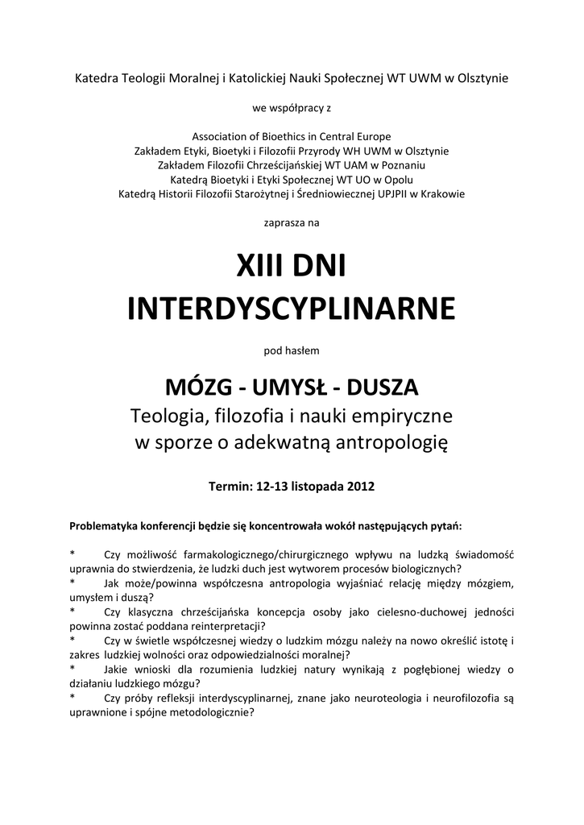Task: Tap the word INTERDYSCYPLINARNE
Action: [292, 308]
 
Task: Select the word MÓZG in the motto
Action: [199, 388]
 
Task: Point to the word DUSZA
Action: [383, 388]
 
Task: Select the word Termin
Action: [230, 487]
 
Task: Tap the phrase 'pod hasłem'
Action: [292, 350]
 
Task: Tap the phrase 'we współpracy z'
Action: [292, 107]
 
